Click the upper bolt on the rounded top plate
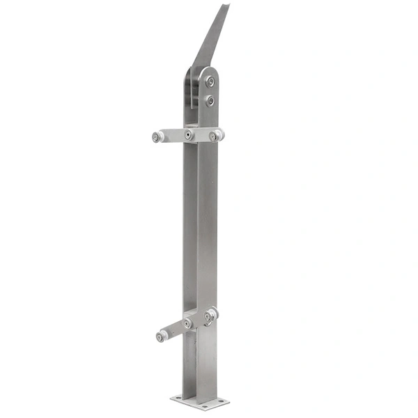point(210,82)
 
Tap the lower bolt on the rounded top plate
point(210,102)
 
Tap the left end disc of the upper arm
point(157,137)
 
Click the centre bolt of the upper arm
point(189,134)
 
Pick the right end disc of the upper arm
point(217,134)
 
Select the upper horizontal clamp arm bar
point(174,136)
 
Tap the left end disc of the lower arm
point(162,336)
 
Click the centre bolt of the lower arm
point(187,323)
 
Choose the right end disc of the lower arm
point(210,316)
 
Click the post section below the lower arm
point(202,362)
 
